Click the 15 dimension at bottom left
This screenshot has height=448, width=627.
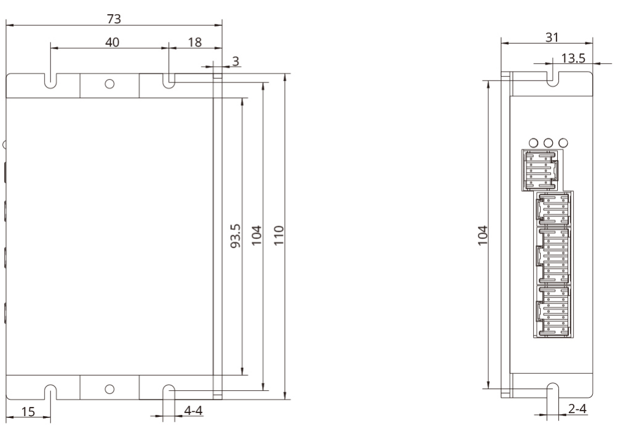click(28, 412)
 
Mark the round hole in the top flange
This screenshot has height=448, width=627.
click(110, 84)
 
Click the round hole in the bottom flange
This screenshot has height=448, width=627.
click(110, 388)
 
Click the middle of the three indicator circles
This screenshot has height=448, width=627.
click(548, 142)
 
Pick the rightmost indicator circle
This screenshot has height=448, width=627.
click(563, 142)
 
